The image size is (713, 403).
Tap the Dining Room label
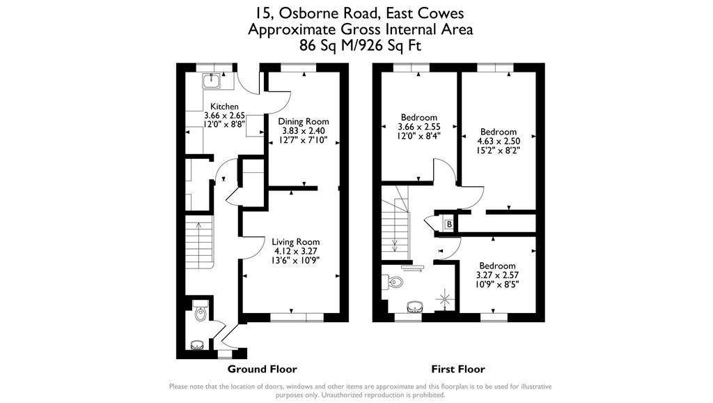point(304,121)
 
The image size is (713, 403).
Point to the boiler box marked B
point(449,225)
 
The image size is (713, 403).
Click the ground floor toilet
point(200,312)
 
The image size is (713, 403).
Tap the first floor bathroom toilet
point(395,282)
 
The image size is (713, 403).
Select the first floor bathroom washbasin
point(414,305)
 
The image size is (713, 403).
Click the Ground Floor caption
point(263,369)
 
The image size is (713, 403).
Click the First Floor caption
point(458,369)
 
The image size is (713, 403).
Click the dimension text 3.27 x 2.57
point(497,275)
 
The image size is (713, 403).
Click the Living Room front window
point(297,317)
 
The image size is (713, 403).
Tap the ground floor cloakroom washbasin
point(196,343)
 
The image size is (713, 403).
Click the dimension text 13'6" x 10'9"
point(297,260)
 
